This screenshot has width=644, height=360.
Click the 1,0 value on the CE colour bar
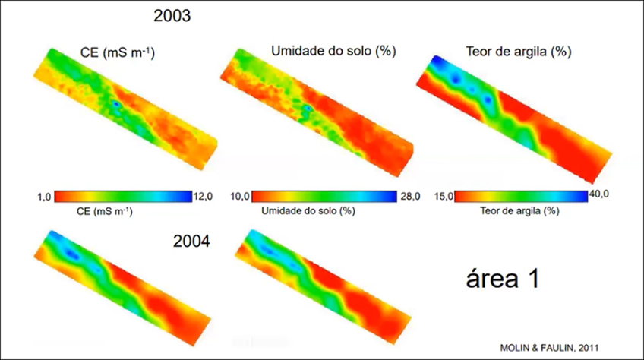(x=43, y=197)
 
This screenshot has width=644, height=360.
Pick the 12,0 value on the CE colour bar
(x=204, y=197)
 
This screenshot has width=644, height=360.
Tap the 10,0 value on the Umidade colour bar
(x=240, y=197)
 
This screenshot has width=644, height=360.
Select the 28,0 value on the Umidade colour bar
(x=409, y=197)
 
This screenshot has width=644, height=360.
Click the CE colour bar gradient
(x=122, y=196)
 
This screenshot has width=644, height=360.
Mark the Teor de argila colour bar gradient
(x=521, y=196)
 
